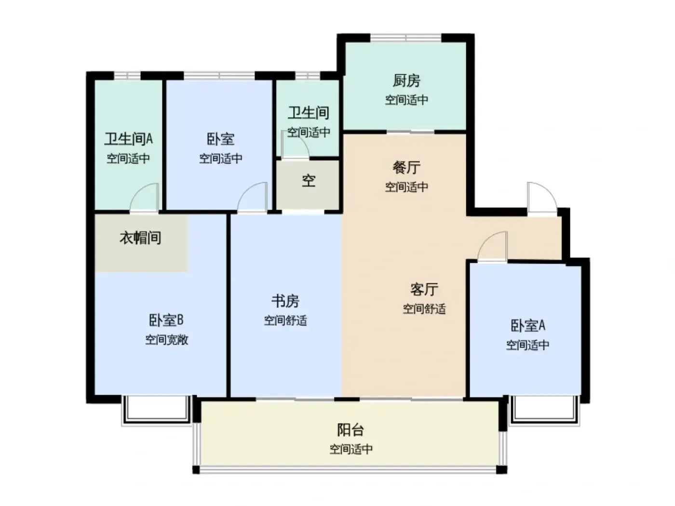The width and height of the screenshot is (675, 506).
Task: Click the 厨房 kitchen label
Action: tap(406, 81)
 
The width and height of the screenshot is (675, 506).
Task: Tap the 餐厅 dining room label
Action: tap(406, 168)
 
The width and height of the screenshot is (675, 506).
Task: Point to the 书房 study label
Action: tap(285, 301)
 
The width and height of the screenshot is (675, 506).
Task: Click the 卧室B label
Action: tap(166, 320)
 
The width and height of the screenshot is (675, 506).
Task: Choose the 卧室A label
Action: tap(527, 326)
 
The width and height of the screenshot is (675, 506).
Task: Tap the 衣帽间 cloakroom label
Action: tap(140, 238)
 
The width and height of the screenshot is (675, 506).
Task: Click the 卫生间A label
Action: tap(129, 139)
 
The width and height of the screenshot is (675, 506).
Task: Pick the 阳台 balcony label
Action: tap(351, 430)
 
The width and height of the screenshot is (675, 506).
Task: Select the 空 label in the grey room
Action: tap(309, 181)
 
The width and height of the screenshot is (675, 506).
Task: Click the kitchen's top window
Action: tap(406, 38)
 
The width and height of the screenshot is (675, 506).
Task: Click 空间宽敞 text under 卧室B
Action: tap(167, 340)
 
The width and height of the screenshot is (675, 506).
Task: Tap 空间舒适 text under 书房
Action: tap(285, 321)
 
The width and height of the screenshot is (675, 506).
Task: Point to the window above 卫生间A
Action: tap(127, 76)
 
